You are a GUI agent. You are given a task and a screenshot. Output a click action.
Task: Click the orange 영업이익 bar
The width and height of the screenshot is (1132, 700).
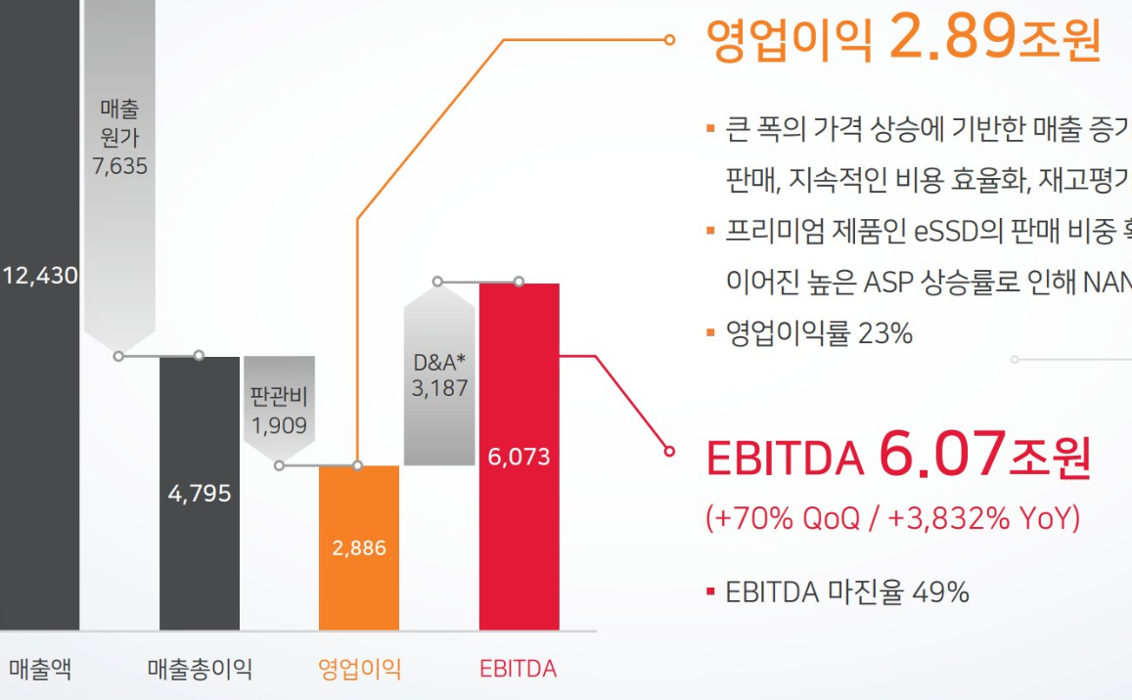click(x=359, y=587)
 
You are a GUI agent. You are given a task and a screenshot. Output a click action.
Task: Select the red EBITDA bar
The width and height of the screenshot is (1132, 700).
click(x=519, y=372)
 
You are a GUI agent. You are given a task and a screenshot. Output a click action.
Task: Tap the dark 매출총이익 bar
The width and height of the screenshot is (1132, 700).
click(x=199, y=567)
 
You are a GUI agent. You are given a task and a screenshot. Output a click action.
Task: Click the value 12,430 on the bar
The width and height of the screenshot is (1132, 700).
click(x=39, y=276)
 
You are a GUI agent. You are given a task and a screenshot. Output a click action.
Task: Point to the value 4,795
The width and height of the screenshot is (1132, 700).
click(x=199, y=493)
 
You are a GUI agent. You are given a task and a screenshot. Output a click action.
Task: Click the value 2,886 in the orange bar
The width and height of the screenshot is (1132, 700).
click(x=359, y=548)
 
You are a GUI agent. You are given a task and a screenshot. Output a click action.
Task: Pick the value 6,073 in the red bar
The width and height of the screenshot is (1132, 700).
click(x=519, y=457)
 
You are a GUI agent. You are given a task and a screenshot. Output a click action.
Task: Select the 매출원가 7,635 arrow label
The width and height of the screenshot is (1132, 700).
click(x=120, y=137)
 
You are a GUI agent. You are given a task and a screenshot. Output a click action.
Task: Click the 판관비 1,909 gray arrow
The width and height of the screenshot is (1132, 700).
click(x=279, y=412)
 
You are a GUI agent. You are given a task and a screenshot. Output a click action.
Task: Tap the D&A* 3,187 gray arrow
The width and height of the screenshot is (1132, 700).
click(x=439, y=374)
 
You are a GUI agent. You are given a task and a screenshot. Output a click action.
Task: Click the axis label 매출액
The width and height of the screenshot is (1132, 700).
click(x=40, y=670)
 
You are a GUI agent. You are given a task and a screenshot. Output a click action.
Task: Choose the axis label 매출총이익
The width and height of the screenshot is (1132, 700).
click(x=200, y=670)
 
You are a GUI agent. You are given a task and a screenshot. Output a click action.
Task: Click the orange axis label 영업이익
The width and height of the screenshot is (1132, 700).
click(x=359, y=670)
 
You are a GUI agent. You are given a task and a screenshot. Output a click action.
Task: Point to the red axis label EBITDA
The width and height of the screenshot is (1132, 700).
click(x=518, y=670)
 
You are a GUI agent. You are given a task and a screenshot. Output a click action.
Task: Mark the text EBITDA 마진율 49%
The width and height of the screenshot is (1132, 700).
click(x=847, y=591)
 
